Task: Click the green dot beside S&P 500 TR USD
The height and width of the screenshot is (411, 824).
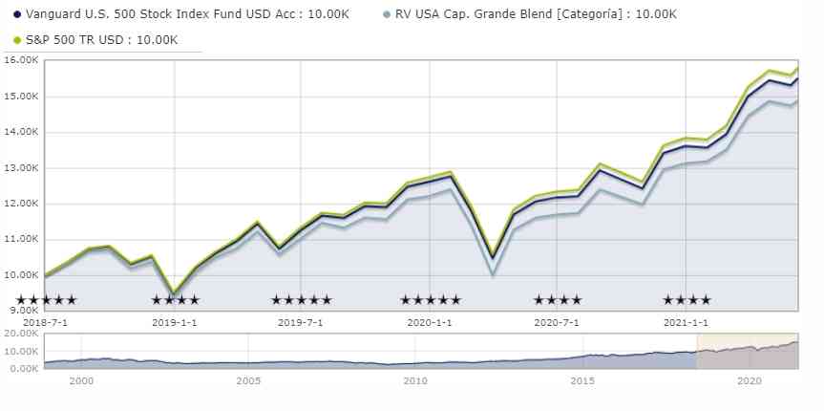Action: (17, 40)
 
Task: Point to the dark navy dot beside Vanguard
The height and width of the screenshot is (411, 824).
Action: (17, 14)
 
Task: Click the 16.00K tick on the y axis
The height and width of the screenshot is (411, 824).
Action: (20, 60)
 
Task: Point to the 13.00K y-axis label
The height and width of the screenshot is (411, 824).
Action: (20, 168)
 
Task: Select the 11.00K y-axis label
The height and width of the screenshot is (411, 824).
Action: (20, 240)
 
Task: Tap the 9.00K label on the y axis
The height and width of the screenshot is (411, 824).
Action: (20, 312)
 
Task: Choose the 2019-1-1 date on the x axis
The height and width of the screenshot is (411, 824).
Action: (175, 323)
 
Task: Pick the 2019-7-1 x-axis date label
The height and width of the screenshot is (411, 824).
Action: (301, 323)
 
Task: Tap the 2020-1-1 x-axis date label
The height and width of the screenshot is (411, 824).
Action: (430, 323)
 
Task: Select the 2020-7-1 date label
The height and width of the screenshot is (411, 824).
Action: (557, 323)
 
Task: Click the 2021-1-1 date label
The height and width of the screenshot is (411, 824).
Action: (686, 323)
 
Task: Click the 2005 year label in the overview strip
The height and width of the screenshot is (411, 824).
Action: (248, 381)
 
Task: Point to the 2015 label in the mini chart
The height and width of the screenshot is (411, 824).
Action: (582, 381)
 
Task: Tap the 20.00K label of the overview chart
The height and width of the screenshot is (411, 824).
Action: (20, 334)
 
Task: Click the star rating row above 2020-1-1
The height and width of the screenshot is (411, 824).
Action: (431, 300)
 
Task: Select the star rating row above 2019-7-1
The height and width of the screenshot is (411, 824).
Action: (302, 300)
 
